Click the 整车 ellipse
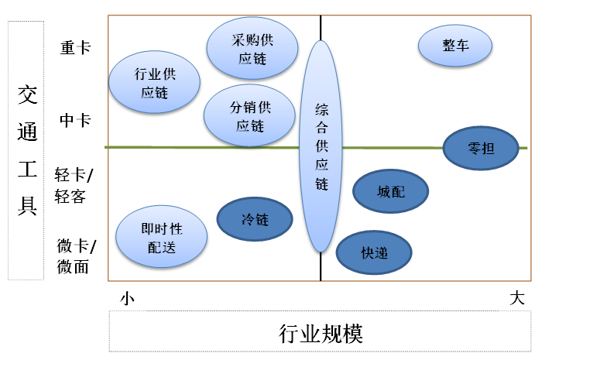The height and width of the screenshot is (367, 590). tap(455, 45)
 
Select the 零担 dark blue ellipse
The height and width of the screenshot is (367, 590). tap(481, 147)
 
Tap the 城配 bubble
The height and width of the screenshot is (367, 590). tap(390, 191)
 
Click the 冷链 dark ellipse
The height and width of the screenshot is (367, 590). tap(255, 219)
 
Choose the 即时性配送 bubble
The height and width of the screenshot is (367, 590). tap(162, 237)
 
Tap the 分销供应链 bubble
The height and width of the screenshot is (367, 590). tap(249, 116)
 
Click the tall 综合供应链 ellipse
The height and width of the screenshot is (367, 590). tap(321, 146)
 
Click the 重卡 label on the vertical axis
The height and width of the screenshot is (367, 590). tap(75, 47)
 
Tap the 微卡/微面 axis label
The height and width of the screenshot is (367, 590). tap(75, 256)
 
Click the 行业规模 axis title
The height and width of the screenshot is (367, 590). tap(321, 334)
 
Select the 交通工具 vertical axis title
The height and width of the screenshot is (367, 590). tap(27, 149)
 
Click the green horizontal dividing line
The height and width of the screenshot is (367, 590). tap(194, 146)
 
